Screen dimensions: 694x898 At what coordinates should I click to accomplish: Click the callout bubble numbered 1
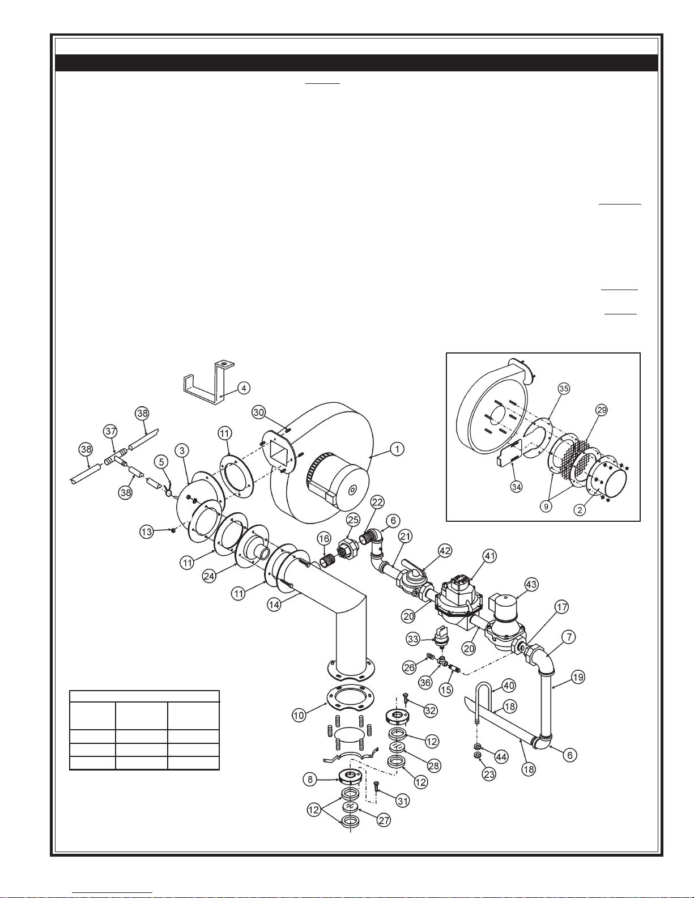397,449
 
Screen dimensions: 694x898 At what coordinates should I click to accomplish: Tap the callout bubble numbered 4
244,388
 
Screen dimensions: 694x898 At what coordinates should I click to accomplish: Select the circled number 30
258,412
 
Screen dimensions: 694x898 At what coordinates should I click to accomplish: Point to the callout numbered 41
490,556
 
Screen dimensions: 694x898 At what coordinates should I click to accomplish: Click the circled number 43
531,584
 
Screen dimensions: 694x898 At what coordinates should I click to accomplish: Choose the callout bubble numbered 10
299,715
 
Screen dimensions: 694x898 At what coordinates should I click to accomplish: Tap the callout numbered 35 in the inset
564,389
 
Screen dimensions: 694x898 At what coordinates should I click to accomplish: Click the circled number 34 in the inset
516,487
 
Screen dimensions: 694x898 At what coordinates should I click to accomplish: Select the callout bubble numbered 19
577,677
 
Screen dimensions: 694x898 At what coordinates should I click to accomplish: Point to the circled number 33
413,639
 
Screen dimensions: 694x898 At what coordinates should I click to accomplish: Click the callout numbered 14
274,605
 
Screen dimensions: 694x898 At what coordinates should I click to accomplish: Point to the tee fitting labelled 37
115,456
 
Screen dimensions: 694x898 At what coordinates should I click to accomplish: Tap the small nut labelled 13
173,531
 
